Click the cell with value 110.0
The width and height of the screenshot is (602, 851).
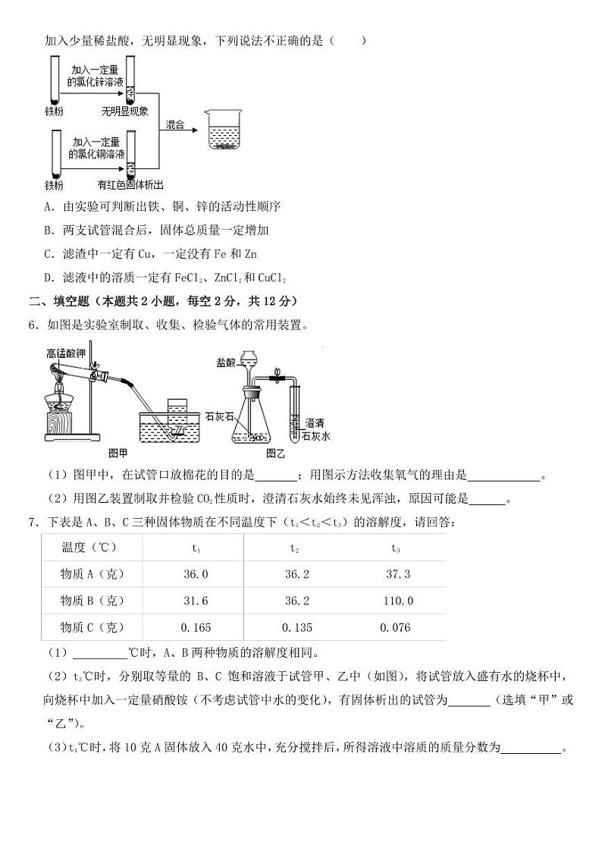pyautogui.click(x=398, y=601)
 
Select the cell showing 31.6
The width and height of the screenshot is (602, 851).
pyautogui.click(x=195, y=601)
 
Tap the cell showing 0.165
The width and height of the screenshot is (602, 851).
pyautogui.click(x=195, y=627)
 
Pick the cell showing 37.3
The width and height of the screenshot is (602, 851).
pyautogui.click(x=398, y=574)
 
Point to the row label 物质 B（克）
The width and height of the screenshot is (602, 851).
pyautogui.click(x=92, y=601)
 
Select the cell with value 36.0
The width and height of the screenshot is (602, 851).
pyautogui.click(x=195, y=574)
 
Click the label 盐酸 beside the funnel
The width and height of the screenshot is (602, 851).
pyautogui.click(x=225, y=363)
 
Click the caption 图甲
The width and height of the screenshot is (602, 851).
pyautogui.click(x=118, y=453)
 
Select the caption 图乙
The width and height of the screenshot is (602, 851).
pyautogui.click(x=274, y=453)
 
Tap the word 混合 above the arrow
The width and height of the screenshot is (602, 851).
pyautogui.click(x=175, y=124)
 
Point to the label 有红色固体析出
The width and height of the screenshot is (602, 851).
pyautogui.click(x=130, y=184)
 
